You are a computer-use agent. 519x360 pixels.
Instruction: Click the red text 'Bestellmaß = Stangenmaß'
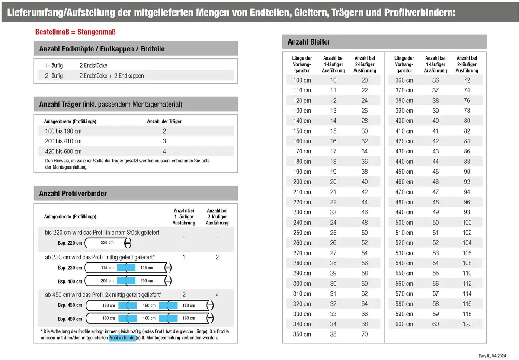(75, 32)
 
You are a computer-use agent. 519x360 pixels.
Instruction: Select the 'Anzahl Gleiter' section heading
(309, 42)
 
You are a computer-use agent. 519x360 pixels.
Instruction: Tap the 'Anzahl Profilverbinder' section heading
(73, 193)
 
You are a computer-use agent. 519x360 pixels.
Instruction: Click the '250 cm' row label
(302, 233)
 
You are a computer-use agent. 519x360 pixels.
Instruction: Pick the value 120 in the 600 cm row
(467, 324)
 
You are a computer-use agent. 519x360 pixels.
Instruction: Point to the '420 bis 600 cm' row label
(63, 151)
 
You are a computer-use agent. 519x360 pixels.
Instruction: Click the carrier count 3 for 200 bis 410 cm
(164, 141)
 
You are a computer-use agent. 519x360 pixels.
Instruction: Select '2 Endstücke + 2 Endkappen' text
(112, 76)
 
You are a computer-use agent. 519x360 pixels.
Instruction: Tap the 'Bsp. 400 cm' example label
(70, 281)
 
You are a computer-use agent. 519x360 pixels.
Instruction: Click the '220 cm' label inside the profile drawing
(107, 242)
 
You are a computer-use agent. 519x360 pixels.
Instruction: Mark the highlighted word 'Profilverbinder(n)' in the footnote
(122, 338)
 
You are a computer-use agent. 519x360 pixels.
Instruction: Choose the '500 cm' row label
(404, 223)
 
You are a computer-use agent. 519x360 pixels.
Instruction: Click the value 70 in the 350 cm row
(365, 334)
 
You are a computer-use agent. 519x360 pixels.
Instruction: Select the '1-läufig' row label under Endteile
(54, 65)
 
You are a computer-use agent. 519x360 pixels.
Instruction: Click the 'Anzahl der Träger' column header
(164, 121)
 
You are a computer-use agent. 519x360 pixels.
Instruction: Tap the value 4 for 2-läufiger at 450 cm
(217, 295)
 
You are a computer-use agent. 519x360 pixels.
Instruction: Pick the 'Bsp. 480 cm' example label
(70, 319)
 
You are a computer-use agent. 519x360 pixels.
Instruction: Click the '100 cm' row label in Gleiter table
(302, 80)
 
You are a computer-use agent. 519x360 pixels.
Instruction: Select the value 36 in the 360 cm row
(436, 80)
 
